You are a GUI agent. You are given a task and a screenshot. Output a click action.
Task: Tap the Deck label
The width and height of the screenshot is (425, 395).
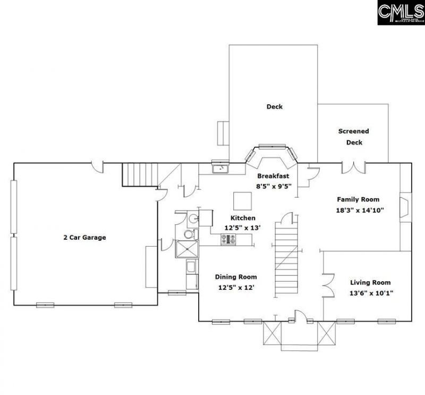274,107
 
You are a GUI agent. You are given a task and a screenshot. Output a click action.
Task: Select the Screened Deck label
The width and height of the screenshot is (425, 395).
353,137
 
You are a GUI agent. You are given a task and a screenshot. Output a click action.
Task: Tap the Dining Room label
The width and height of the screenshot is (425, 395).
236,277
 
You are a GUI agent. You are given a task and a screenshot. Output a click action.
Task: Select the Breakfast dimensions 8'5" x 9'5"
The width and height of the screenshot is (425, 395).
274,186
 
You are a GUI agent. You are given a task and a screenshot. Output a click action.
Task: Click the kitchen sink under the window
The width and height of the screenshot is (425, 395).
219,169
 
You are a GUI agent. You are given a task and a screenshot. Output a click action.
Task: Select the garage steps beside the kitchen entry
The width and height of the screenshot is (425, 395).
141,175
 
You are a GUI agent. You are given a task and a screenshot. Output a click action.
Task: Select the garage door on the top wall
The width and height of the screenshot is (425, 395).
97,166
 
